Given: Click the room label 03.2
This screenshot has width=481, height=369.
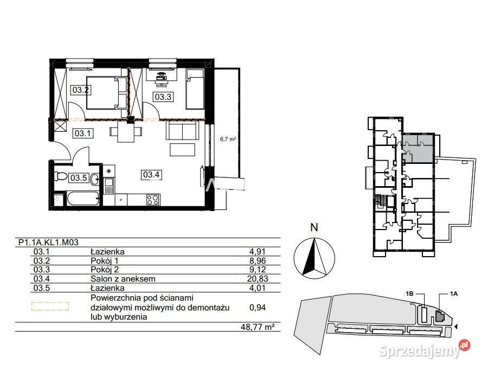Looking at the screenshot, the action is coord(81,90).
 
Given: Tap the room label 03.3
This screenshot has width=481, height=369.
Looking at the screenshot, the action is coord(163,97).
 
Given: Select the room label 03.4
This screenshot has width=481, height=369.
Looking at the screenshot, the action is coord(151,175).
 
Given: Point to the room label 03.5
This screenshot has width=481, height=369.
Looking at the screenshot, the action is coord(79,178).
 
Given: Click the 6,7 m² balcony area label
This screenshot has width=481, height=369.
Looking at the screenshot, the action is coord(228,139).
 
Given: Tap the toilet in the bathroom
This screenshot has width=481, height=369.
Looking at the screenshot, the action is coord(61,176).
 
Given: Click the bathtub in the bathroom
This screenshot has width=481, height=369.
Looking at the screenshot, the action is coord(83,199).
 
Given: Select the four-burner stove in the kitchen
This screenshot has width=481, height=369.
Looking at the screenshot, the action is coord(153,200).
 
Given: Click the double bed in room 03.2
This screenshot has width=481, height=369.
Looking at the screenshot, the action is coord(107,93).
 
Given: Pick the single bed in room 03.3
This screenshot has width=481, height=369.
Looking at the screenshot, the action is coord(195,88).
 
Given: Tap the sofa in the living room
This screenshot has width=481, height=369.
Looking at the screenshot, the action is coord(181,130).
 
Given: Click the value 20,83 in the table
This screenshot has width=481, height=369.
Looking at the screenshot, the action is coord(258,279).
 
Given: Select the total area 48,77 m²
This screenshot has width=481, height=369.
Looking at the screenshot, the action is coord(257,327).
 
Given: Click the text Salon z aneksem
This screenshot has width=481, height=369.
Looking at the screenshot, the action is coord(123,279).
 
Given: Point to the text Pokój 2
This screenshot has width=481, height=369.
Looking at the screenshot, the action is coord(105,270).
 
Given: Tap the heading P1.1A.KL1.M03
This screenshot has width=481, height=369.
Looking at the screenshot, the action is coord(48,243).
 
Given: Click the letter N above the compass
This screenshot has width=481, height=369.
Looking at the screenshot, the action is coord(314,227).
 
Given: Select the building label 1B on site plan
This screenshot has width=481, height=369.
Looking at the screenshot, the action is coord(409,294).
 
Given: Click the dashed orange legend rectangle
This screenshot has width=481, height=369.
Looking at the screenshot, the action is coord(50,307).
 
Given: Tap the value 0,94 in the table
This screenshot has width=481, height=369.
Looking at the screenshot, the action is coord(258,307).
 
